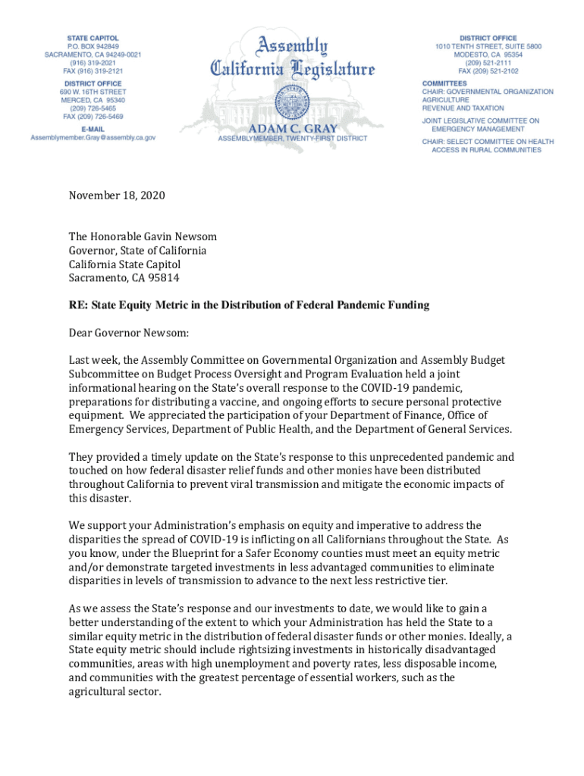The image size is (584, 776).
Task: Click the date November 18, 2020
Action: (117, 196)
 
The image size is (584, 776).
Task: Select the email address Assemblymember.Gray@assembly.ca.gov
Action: (93, 138)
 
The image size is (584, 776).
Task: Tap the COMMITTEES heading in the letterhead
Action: (444, 83)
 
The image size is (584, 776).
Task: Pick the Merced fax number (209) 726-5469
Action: (93, 117)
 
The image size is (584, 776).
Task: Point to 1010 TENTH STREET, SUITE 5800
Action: (488, 46)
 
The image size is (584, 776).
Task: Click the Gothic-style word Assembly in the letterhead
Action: (293, 46)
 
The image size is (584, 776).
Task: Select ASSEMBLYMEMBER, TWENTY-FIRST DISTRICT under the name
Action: (293, 139)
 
